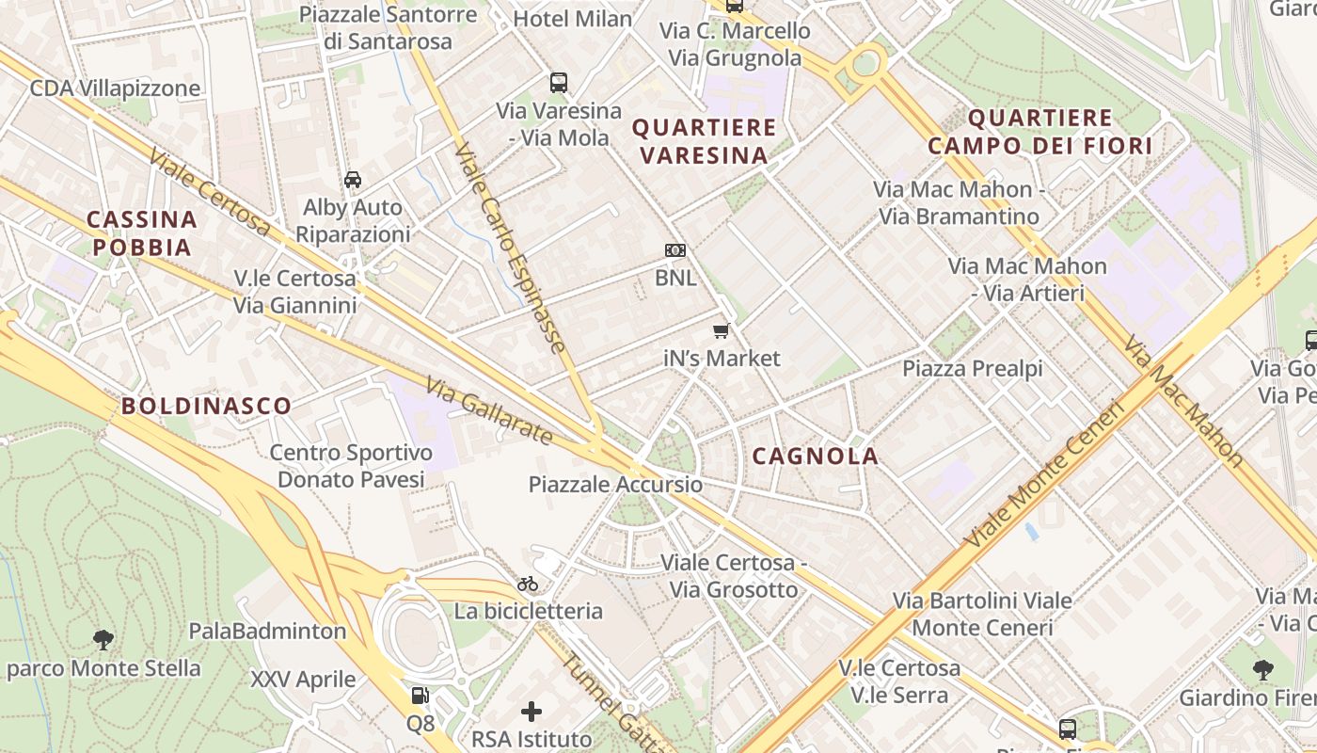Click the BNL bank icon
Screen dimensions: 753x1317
[675, 250]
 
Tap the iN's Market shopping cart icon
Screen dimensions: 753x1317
[722, 330]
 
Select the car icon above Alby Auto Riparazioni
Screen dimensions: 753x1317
[353, 180]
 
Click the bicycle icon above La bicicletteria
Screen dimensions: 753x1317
[528, 584]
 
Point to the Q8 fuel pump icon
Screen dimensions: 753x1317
[420, 696]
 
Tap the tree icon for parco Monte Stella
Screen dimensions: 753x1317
[103, 640]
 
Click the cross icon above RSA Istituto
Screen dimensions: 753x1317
[532, 712]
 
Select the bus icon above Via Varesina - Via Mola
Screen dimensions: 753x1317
[559, 83]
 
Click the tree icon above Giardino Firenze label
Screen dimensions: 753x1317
[1263, 670]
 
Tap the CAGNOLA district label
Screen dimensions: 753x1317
[816, 457]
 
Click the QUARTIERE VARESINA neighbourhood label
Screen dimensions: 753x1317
[705, 141]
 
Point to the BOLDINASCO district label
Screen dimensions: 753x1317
[206, 407]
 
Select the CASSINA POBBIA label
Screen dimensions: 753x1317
[142, 233]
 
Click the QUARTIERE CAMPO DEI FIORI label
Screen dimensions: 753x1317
[1039, 132]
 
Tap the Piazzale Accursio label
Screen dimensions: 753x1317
[615, 485]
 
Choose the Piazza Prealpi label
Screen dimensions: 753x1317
[973, 368]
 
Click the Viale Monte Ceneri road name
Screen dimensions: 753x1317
[1044, 476]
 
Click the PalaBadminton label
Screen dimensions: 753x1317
[267, 631]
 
